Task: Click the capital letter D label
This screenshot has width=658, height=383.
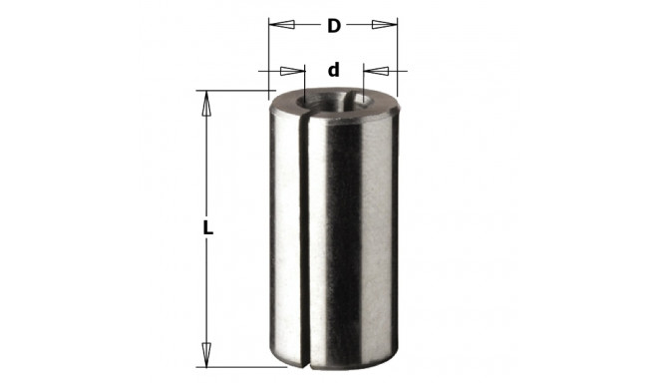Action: [x=334, y=26]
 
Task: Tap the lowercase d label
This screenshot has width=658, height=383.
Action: [x=334, y=71]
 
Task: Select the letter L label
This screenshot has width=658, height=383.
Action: [x=207, y=227]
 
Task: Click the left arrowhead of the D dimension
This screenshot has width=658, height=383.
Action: [x=282, y=24]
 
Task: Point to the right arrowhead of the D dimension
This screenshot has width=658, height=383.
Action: [x=384, y=24]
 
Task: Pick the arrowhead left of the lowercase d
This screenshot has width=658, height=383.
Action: [x=293, y=71]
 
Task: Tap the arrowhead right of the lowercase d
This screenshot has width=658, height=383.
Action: [x=376, y=71]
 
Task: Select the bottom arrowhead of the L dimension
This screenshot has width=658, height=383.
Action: [x=207, y=354]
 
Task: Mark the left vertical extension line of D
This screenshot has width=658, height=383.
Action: [x=269, y=55]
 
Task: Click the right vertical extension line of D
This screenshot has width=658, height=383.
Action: [x=397, y=55]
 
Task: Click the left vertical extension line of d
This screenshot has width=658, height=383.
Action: [x=305, y=82]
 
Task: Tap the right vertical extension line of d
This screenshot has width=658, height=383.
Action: [x=364, y=82]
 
